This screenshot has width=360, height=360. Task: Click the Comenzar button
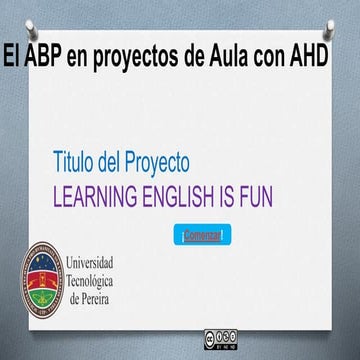(203, 235)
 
